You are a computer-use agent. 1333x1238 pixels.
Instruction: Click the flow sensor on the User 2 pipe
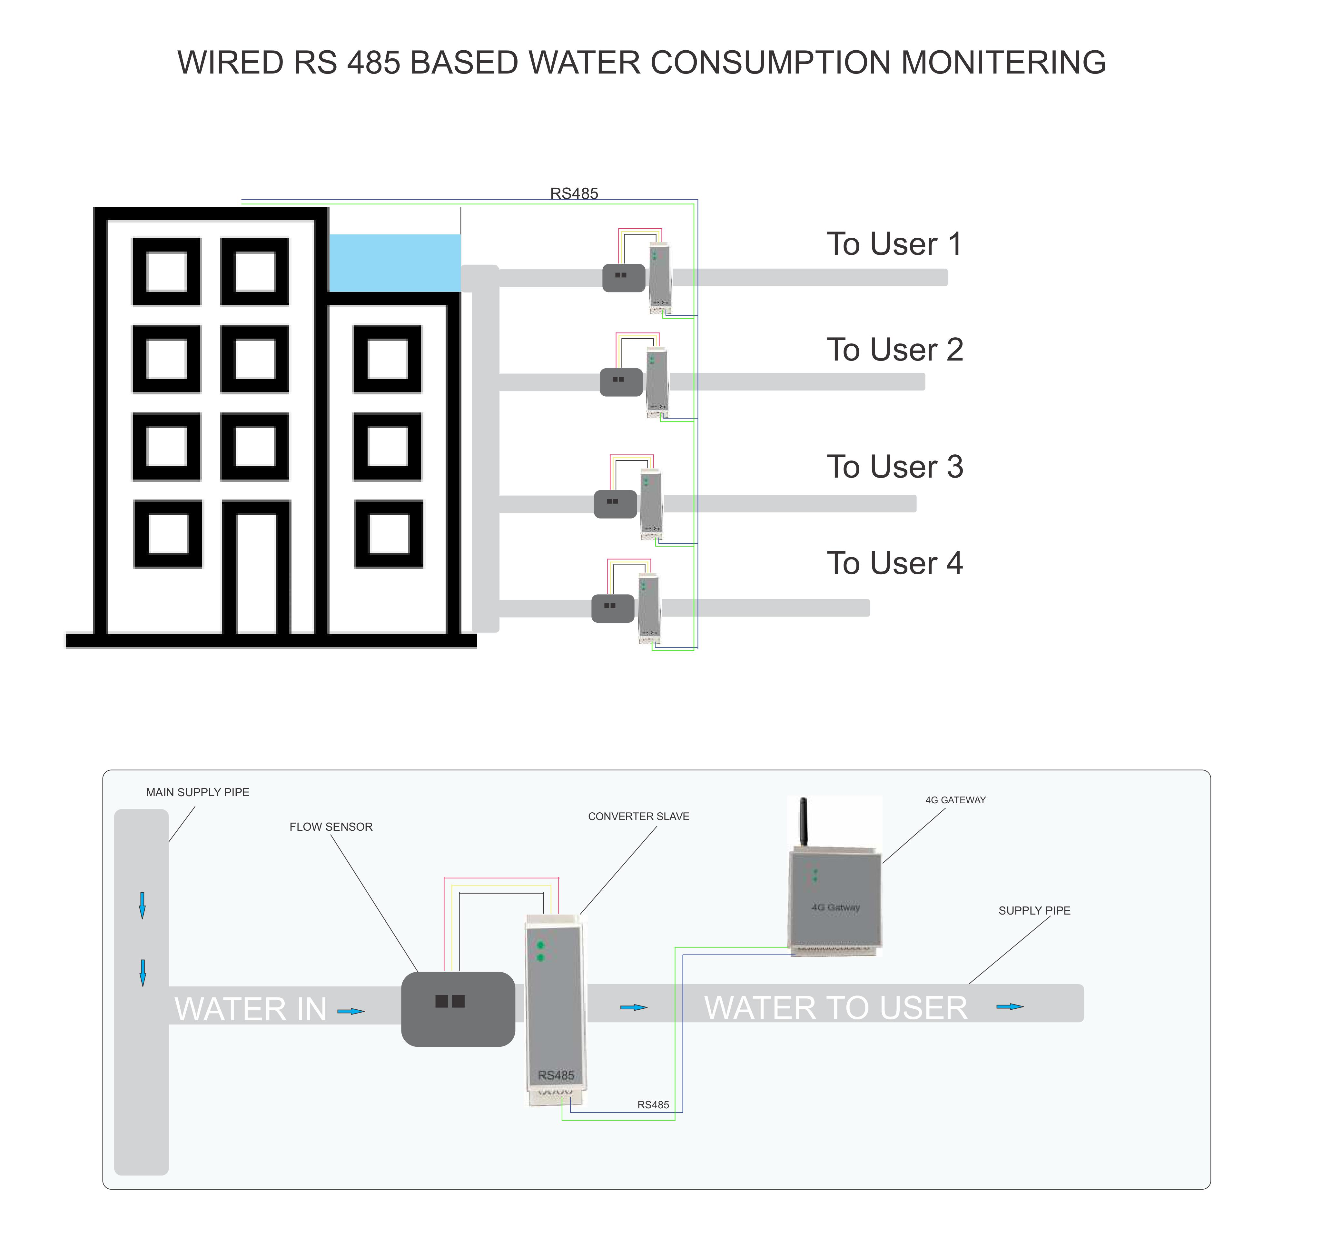coord(621,382)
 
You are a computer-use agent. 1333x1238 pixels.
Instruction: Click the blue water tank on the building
coord(395,262)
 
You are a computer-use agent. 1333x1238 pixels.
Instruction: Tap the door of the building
coord(257,573)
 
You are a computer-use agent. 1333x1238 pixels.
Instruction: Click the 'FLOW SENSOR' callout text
coord(331,827)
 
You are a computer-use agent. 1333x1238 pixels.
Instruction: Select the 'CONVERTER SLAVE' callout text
coord(638,816)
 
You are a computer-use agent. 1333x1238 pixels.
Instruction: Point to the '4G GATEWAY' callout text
coord(955,800)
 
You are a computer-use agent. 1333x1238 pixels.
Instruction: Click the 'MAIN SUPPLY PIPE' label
coord(198,792)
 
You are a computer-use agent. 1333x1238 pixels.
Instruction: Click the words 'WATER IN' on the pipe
coord(251,1009)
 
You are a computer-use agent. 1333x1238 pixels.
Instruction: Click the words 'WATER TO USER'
coord(835,1007)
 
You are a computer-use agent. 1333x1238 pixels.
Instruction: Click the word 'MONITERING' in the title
coord(1003,63)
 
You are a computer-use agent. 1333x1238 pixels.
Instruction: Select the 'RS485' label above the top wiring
coord(574,193)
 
